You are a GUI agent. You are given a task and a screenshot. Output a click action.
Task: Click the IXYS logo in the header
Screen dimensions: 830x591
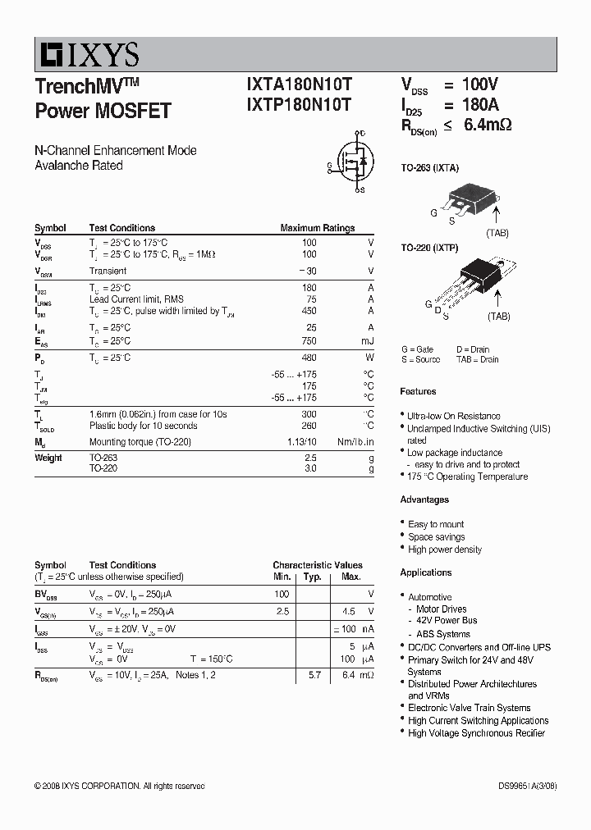(x=87, y=55)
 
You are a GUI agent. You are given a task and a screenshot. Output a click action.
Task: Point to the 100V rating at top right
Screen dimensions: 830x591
(x=480, y=84)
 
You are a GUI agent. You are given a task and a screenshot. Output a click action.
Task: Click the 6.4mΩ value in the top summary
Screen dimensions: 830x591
(x=488, y=125)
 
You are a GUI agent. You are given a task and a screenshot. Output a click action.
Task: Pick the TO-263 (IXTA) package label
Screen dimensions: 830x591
(x=429, y=168)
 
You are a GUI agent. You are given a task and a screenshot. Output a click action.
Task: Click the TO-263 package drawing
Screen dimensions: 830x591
(x=464, y=199)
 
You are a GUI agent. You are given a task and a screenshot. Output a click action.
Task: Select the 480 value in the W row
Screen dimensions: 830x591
(x=309, y=358)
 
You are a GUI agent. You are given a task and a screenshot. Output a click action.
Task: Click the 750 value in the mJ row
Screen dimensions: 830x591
(x=309, y=340)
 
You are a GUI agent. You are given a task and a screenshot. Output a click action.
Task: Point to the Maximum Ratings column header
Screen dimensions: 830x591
(x=318, y=228)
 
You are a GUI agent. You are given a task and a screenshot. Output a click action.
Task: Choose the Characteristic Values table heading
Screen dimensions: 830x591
(x=318, y=565)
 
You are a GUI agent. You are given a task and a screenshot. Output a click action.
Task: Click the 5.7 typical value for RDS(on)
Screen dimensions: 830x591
(x=314, y=674)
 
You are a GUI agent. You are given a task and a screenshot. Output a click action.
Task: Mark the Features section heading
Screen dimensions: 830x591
(x=418, y=391)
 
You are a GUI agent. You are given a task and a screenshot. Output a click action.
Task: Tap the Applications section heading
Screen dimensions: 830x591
(x=426, y=572)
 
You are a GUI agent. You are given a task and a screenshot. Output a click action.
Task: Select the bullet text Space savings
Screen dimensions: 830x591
(x=437, y=537)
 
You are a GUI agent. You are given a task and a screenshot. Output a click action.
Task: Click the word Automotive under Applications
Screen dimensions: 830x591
(x=430, y=597)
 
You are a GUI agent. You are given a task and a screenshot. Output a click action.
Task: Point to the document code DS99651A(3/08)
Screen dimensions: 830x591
(x=527, y=786)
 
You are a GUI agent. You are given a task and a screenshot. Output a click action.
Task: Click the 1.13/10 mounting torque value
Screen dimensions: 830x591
(x=300, y=441)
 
